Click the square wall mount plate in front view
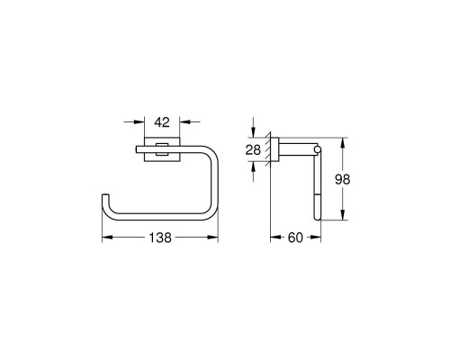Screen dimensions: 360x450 (159, 150)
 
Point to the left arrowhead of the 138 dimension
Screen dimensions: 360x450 (104, 238)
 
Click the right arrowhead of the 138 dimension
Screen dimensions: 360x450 (215, 238)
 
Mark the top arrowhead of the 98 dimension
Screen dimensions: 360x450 (343, 142)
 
